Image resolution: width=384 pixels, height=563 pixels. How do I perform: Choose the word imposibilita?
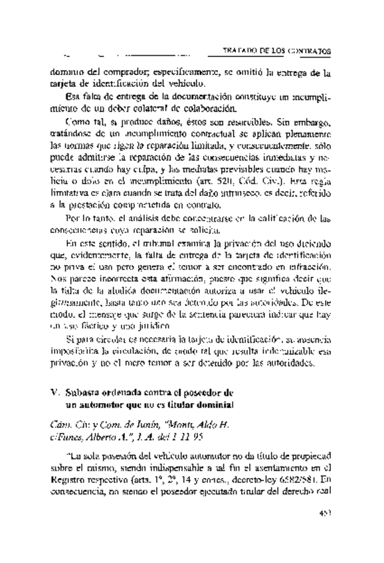click(78, 352)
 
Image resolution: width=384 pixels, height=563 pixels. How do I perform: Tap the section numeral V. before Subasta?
click(55, 392)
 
